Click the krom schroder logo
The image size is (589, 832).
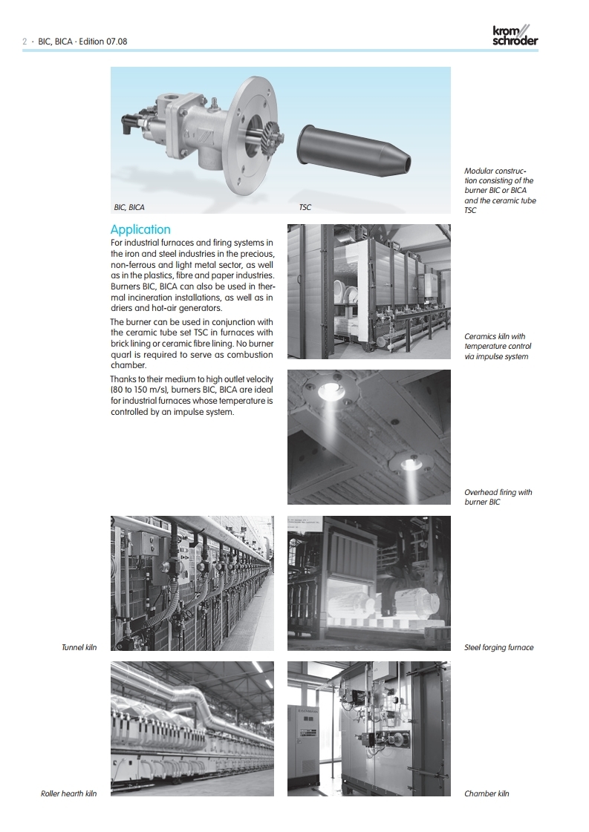(x=515, y=35)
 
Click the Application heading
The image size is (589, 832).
(x=140, y=229)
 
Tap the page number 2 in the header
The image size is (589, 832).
(x=25, y=42)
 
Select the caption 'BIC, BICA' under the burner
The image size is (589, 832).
(x=129, y=208)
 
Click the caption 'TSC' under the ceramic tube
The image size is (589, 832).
(x=305, y=208)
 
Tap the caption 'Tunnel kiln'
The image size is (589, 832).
(x=79, y=648)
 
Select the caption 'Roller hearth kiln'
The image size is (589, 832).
(x=68, y=794)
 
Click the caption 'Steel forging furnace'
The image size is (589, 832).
(x=498, y=648)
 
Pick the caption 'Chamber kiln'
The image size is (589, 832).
(x=487, y=794)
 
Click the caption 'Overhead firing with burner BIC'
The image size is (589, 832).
(x=498, y=497)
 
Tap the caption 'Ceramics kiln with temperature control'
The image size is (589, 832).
(x=498, y=347)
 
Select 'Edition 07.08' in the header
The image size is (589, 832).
(x=102, y=42)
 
